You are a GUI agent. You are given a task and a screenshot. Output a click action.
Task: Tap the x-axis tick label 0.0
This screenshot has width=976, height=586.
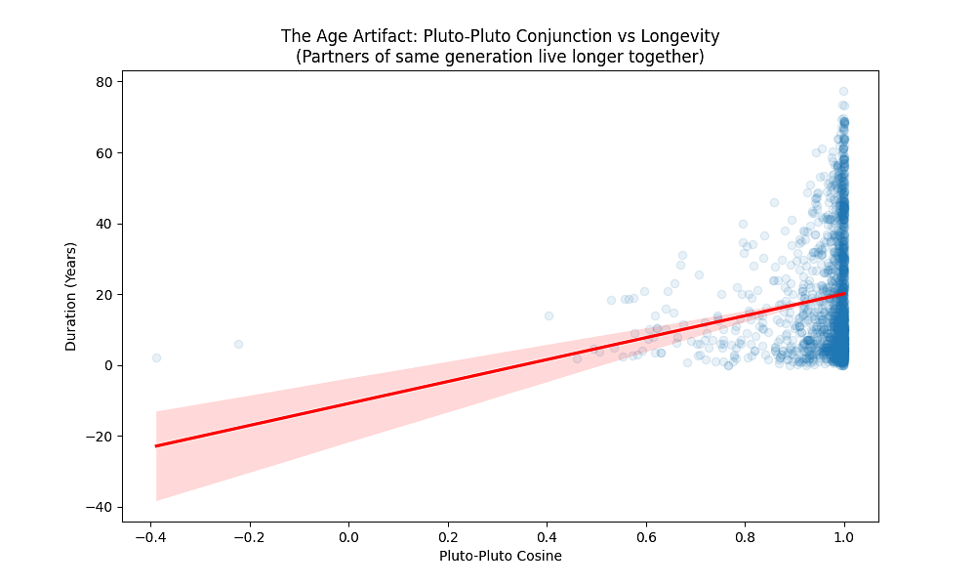348,537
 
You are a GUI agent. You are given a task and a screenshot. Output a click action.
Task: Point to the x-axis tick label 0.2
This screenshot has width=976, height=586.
448,537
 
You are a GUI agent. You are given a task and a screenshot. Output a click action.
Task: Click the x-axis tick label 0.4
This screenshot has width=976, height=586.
547,537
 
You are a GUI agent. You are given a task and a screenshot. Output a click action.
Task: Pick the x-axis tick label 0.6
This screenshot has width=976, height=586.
646,537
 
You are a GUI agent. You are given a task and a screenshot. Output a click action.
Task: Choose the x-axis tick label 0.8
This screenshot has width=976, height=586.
745,537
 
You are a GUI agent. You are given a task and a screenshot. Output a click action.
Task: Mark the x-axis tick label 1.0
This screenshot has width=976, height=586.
844,537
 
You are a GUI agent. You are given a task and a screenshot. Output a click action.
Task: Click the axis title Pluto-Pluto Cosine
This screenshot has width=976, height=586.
500,557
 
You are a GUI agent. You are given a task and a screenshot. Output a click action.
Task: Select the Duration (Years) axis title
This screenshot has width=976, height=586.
71,296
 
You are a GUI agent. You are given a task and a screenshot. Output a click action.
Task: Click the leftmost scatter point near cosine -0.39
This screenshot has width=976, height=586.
156,358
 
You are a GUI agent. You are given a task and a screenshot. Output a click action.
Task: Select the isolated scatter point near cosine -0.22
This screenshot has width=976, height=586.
238,344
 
